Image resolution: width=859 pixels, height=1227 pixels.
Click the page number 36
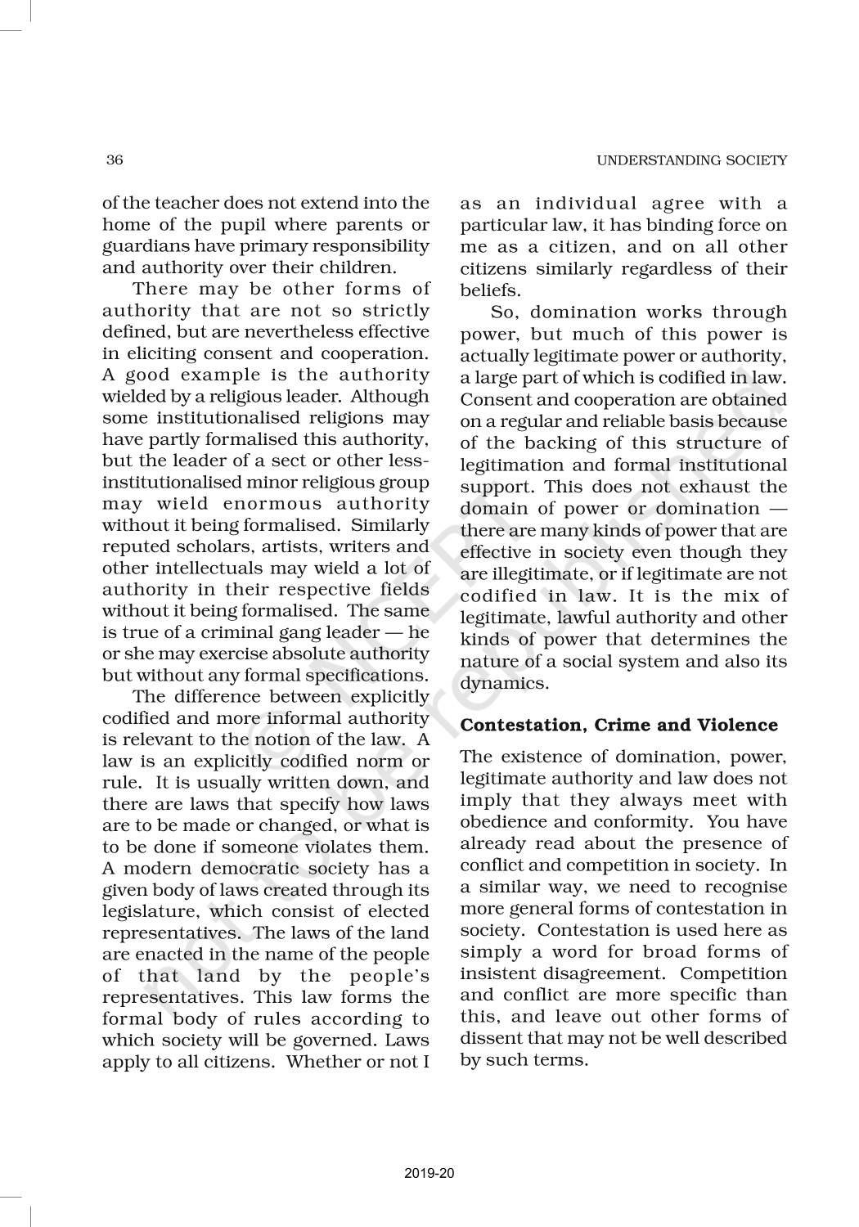pyautogui.click(x=115, y=160)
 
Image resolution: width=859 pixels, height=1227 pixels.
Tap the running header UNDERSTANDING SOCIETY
pyautogui.click(x=691, y=160)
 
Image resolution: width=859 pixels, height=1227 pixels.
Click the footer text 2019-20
pyautogui.click(x=429, y=1173)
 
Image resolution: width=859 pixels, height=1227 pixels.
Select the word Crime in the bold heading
pyautogui.click(x=626, y=725)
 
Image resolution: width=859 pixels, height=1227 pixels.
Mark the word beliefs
pyautogui.click(x=488, y=290)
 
